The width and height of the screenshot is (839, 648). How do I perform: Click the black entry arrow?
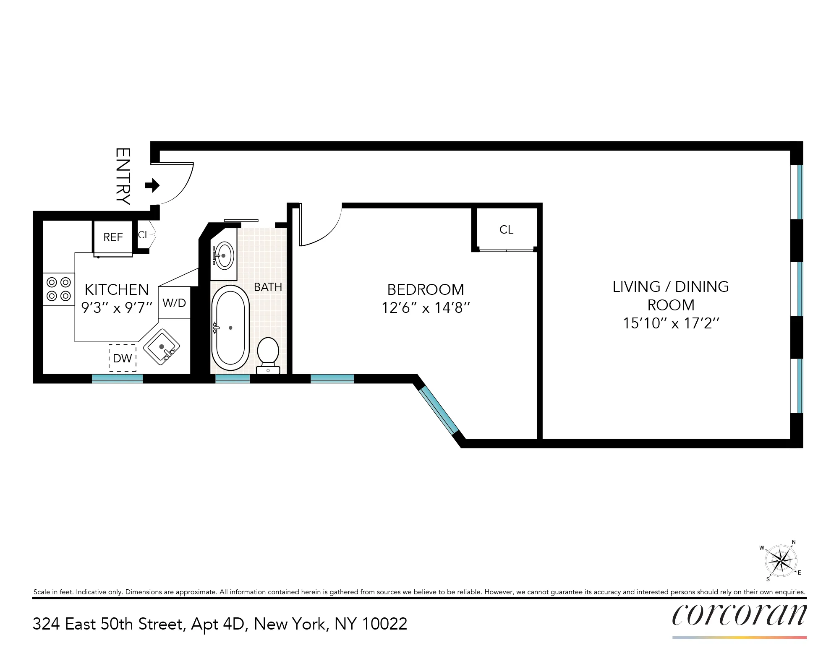pyautogui.click(x=152, y=185)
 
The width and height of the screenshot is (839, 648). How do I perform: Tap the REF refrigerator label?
pyautogui.click(x=113, y=237)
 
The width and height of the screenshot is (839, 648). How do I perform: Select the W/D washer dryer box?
pyautogui.click(x=174, y=303)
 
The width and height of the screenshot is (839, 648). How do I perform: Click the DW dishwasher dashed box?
pyautogui.click(x=123, y=358)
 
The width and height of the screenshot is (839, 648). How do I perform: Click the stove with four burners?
pyautogui.click(x=59, y=289)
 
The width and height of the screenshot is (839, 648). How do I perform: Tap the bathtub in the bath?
pyautogui.click(x=230, y=328)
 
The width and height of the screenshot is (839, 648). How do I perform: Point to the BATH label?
pyautogui.click(x=268, y=287)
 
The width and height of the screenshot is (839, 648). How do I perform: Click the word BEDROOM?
pyautogui.click(x=425, y=290)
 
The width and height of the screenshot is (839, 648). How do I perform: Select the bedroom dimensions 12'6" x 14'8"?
pyautogui.click(x=425, y=308)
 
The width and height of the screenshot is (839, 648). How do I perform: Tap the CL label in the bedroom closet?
pyautogui.click(x=506, y=230)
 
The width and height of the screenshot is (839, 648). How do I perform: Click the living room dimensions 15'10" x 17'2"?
pyautogui.click(x=671, y=323)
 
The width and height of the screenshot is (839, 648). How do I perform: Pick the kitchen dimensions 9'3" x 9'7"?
pyautogui.click(x=116, y=308)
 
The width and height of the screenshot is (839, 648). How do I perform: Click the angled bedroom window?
pyautogui.click(x=439, y=410)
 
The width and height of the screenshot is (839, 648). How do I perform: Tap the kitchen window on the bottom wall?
pyautogui.click(x=117, y=378)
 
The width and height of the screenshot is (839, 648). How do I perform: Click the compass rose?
pyautogui.click(x=781, y=561)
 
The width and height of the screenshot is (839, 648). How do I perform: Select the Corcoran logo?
pyautogui.click(x=739, y=615)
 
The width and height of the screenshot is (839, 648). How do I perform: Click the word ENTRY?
pyautogui.click(x=123, y=176)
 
